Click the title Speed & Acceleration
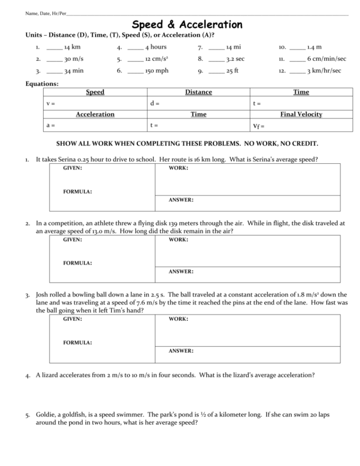[x=187, y=25]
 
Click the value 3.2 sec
[x=236, y=59]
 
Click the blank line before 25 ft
[x=216, y=72]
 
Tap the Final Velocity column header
[x=301, y=114]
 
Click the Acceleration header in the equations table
[x=95, y=114]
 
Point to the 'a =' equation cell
[x=50, y=125]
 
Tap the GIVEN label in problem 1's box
[x=73, y=169]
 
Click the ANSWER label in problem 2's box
[x=181, y=271]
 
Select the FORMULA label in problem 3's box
[x=78, y=343]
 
